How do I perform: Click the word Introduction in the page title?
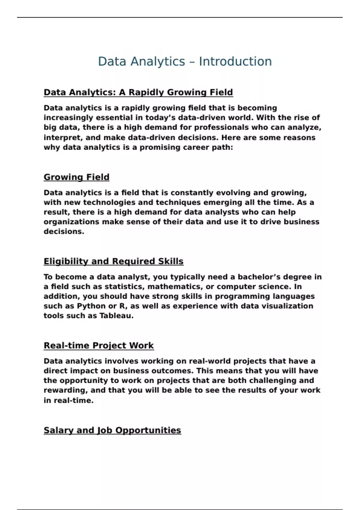(x=235, y=61)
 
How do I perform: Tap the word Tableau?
(x=116, y=316)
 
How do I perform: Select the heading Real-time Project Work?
(x=99, y=346)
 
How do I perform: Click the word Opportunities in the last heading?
(x=148, y=430)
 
